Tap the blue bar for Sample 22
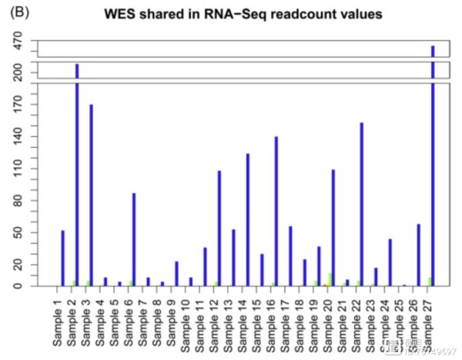coord(361,204)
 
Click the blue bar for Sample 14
coord(247,219)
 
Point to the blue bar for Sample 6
coord(134,239)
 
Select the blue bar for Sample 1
coord(62,258)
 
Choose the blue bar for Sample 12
coord(219,228)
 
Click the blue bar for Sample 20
coord(333,228)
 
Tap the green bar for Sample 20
coord(330,279)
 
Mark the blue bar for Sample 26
coord(418,255)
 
